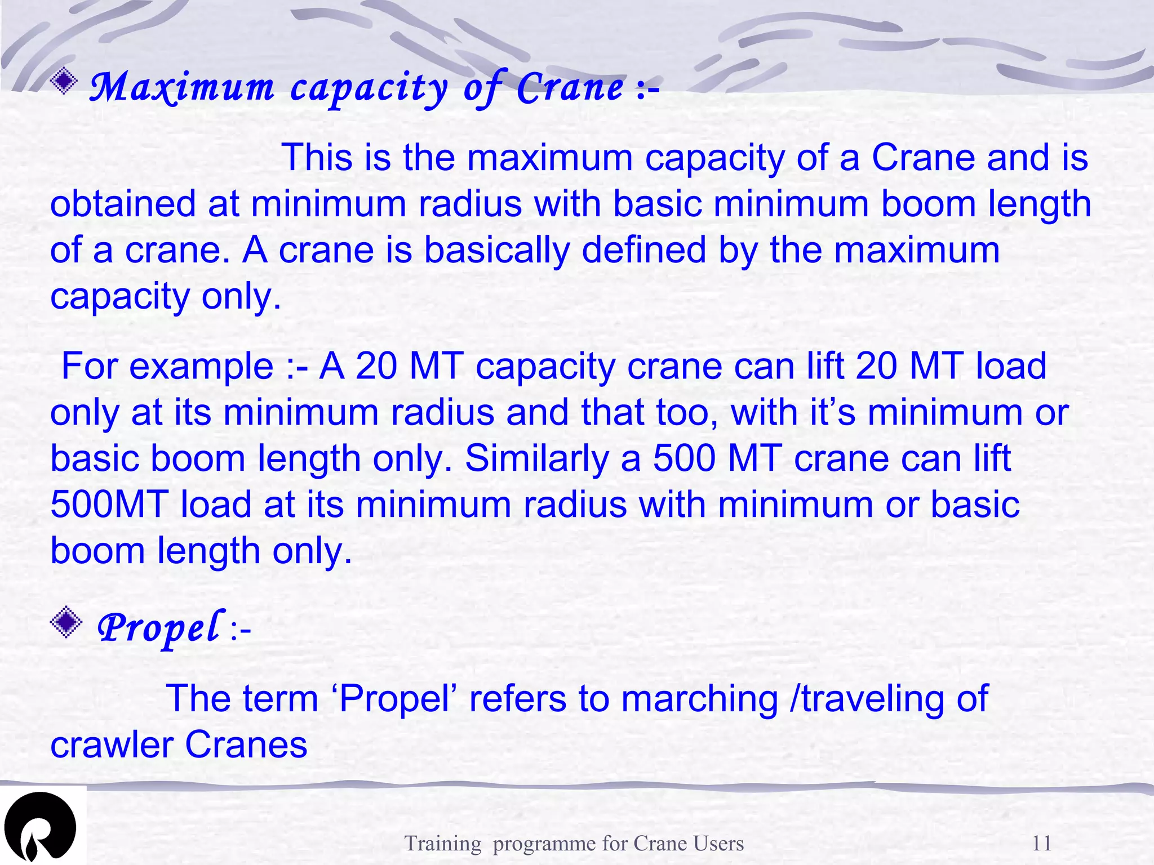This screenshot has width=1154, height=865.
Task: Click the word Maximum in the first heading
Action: click(x=181, y=88)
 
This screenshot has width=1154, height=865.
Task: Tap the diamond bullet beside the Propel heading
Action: click(x=66, y=622)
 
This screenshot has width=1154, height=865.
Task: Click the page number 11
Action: click(x=1041, y=843)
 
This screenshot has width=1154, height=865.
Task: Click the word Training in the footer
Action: click(x=443, y=843)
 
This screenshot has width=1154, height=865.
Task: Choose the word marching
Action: click(x=699, y=699)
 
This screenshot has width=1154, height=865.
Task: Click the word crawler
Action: click(x=111, y=745)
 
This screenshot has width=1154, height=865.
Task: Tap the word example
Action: click(x=201, y=366)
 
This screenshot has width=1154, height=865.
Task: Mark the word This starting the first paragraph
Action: click(x=317, y=157)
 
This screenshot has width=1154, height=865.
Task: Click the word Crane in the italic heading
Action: click(x=570, y=88)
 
